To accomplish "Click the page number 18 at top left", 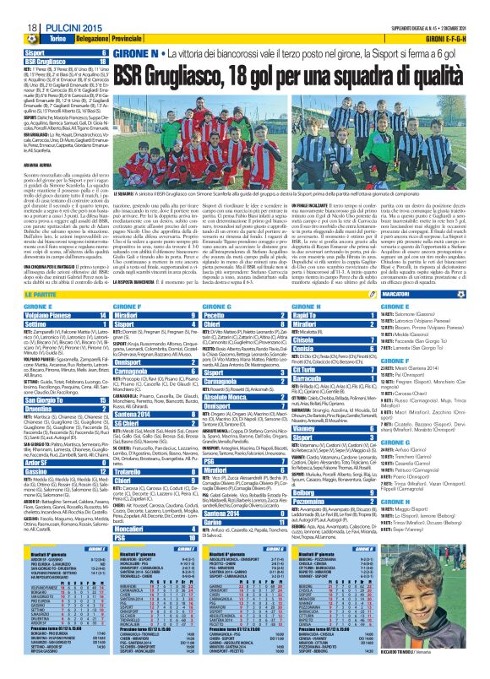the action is (14, 8).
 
